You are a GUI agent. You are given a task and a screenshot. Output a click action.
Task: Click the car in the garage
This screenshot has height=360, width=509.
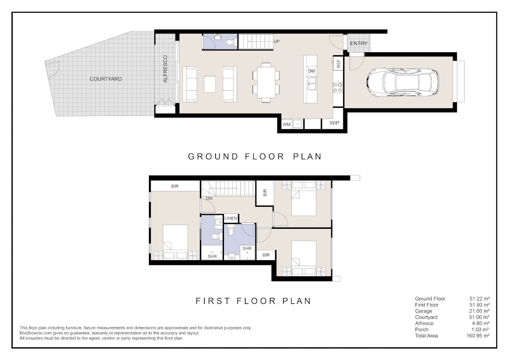click(403, 82)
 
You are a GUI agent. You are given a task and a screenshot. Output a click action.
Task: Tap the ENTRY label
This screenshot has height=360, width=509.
click(358, 43)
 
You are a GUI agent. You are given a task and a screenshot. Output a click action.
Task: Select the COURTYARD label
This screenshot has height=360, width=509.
click(106, 79)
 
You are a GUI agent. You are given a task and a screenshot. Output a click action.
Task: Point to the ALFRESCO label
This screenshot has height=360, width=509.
click(165, 69)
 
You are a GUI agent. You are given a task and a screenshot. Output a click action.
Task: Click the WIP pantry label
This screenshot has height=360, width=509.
click(334, 123)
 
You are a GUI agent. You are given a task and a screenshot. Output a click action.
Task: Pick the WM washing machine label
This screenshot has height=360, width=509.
click(286, 124)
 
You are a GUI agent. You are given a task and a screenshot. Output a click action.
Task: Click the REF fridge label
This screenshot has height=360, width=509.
click(338, 63)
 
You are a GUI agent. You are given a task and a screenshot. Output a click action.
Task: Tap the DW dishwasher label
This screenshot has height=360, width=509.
click(311, 71)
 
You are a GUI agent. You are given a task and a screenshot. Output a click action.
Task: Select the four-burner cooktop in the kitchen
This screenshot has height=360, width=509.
click(338, 87)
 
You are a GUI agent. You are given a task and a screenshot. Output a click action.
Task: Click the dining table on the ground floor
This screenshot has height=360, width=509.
click(266, 82)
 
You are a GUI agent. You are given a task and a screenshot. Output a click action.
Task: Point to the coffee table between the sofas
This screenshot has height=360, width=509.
click(210, 84)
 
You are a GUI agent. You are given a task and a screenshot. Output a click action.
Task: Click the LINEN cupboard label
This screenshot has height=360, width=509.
click(231, 218)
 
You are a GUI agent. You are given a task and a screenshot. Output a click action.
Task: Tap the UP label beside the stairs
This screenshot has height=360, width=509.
click(277, 42)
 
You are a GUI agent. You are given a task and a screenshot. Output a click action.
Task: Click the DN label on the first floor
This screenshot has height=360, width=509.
click(209, 198)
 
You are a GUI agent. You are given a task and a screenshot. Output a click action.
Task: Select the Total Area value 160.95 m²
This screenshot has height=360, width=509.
click(478, 336)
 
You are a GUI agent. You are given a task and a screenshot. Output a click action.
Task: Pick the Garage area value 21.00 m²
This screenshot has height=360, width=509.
click(479, 311)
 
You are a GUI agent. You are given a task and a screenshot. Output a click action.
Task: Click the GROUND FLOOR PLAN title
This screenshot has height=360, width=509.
click(255, 157)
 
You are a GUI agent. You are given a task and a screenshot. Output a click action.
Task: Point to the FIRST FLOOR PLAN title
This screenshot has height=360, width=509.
click(253, 301)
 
